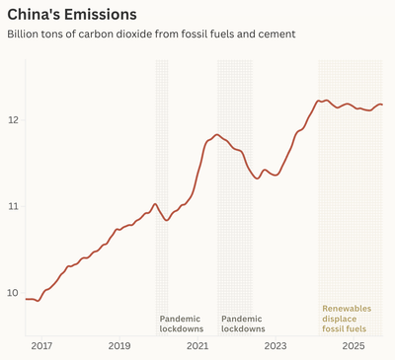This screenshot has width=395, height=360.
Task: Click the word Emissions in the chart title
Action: coord(98,15)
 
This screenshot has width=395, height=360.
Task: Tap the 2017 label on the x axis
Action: coord(40,346)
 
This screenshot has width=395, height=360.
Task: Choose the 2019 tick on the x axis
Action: coord(118,346)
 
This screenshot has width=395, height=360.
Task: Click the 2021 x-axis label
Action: coord(197,346)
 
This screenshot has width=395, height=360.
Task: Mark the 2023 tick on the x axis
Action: coord(275,346)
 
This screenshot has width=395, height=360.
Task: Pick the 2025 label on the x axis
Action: coord(353,346)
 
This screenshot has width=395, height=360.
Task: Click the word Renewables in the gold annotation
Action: coord(347,309)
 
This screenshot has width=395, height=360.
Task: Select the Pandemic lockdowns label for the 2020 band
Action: coord(181,324)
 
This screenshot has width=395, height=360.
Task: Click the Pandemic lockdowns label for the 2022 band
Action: coord(242,324)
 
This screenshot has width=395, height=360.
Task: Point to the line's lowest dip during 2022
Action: coord(257,179)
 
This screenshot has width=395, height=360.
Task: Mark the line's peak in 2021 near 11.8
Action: coord(216,134)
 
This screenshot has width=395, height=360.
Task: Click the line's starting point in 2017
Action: coord(26,299)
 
